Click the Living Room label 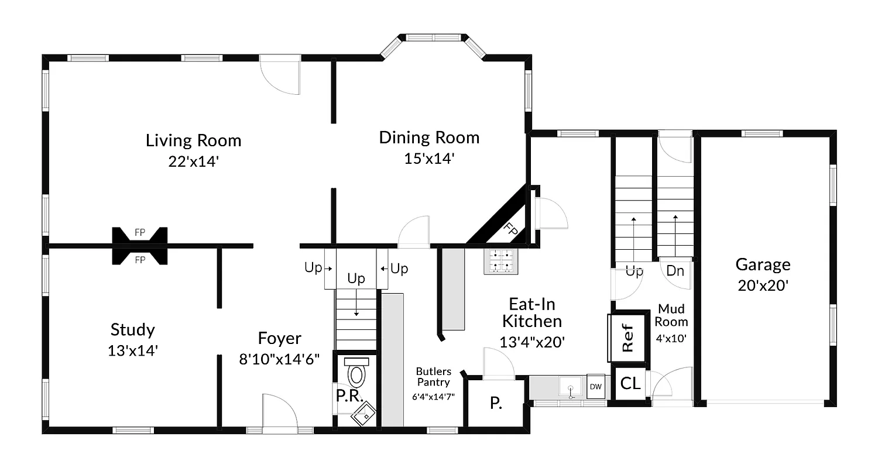tap(193, 140)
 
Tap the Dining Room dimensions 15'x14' tap(429, 159)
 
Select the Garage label tap(763, 264)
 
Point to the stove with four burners tap(501, 261)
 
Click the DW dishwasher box tap(595, 387)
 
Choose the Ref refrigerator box tap(627, 338)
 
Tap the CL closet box tap(630, 384)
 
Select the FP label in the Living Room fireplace tap(140, 233)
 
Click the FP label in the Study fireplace tap(140, 260)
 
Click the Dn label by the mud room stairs tap(675, 271)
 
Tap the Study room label tap(133, 330)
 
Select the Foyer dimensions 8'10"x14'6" tap(279, 359)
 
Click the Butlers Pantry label tap(433, 377)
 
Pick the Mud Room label tap(671, 315)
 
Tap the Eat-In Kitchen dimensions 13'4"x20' tap(531, 342)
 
